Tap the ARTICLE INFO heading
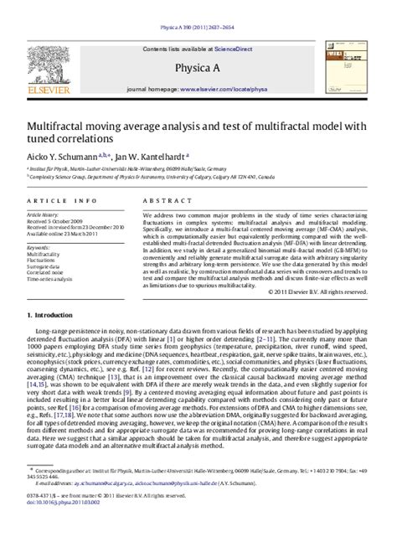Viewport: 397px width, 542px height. pyautogui.click(x=59, y=202)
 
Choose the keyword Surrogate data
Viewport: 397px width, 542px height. pyautogui.click(x=47, y=267)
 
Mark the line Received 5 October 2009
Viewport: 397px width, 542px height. pyautogui.click(x=58, y=221)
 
